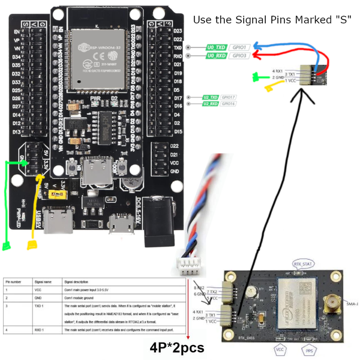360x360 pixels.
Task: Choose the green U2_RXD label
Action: (x=210, y=104)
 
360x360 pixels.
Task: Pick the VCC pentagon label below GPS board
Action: (x=280, y=349)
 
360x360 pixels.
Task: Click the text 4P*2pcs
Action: (x=178, y=347)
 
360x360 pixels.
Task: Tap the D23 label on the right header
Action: (x=178, y=31)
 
